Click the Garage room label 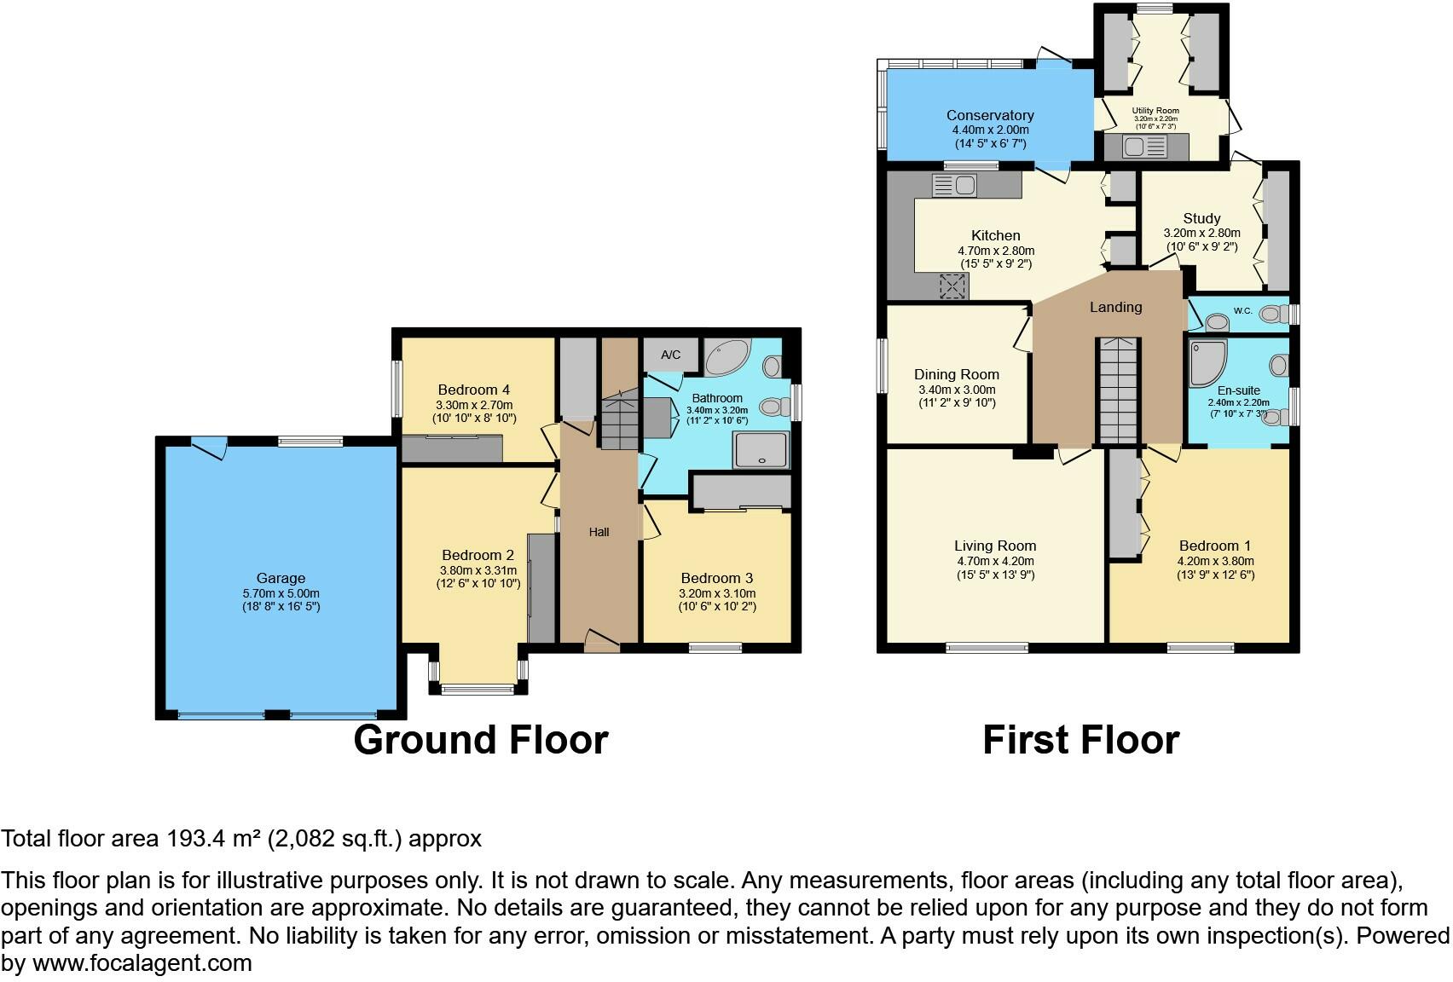pos(281,578)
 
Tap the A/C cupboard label pos(670,355)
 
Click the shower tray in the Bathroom pos(761,449)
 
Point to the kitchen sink pos(954,184)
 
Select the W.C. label pos(1242,311)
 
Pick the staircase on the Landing pos(1117,390)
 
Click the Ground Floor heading pos(481,740)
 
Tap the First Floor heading pos(1080,740)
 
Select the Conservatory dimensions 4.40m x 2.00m pos(990,130)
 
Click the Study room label pos(1201,218)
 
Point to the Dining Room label pos(956,374)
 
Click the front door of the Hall pos(602,640)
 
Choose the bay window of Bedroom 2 pos(478,688)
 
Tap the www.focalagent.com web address pos(142,963)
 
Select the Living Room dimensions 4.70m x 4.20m pos(995,561)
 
